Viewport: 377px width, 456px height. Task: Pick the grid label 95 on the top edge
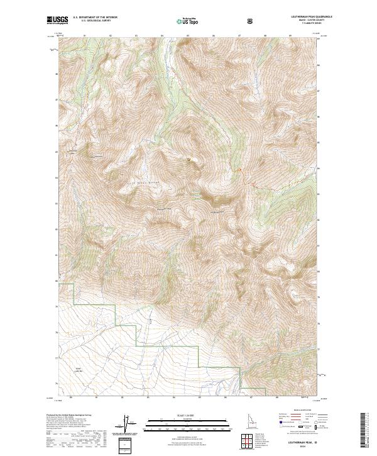pos(188,36)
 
